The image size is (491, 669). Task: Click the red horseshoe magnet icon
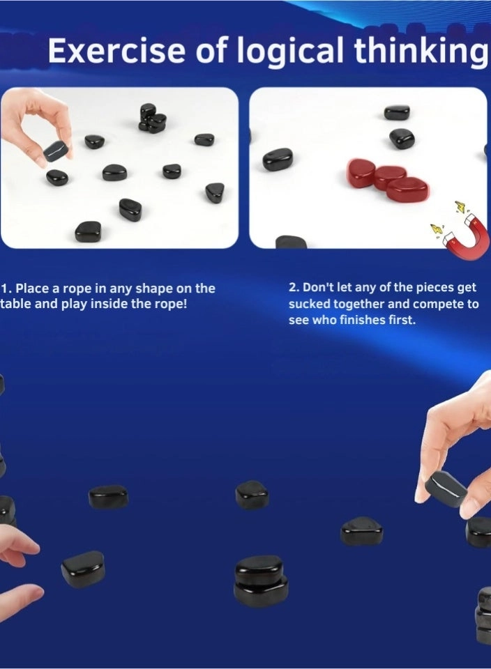pyautogui.click(x=467, y=238)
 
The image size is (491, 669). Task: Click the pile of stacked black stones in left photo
pyautogui.click(x=152, y=119)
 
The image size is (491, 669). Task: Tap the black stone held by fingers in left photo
pyautogui.click(x=55, y=151)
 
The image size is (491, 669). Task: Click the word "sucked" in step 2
pyautogui.click(x=308, y=305)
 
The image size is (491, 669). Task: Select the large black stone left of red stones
pyautogui.click(x=278, y=160)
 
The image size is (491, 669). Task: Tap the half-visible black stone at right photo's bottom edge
pyautogui.click(x=291, y=243)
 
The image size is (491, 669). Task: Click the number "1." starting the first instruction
pyautogui.click(x=6, y=289)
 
